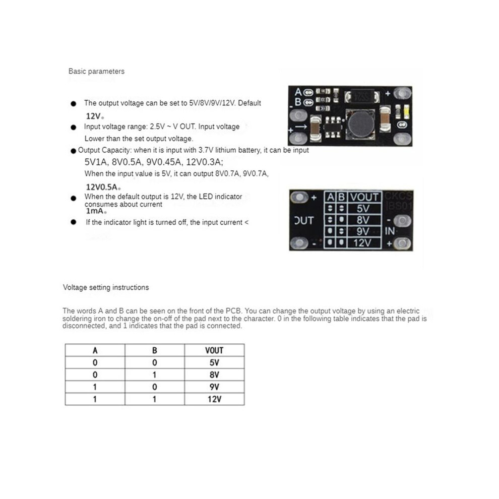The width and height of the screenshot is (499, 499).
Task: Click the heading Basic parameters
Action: coord(96,71)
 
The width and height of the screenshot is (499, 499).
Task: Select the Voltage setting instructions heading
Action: coord(106,287)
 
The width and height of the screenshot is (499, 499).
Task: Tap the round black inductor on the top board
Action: coord(361,124)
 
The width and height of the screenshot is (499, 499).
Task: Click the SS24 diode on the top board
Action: coord(362,96)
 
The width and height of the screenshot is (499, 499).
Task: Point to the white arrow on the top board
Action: coord(301,127)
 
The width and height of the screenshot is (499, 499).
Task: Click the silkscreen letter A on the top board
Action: coord(298,92)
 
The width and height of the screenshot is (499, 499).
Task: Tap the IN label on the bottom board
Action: coord(390,231)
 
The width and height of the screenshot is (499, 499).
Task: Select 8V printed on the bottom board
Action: coord(363,220)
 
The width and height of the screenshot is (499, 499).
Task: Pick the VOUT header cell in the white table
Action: coord(214,350)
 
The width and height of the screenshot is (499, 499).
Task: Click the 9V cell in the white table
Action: coord(214,387)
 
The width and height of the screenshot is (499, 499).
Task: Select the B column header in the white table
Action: coord(155,350)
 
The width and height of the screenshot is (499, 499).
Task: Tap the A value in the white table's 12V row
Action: coord(95,399)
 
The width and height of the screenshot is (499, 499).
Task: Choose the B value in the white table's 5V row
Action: coord(155,362)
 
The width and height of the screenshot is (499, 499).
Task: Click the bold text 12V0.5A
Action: coord(102,187)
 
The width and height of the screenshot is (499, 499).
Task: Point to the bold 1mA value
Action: coord(95,211)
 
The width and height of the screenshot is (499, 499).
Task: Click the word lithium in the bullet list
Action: coord(226,150)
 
